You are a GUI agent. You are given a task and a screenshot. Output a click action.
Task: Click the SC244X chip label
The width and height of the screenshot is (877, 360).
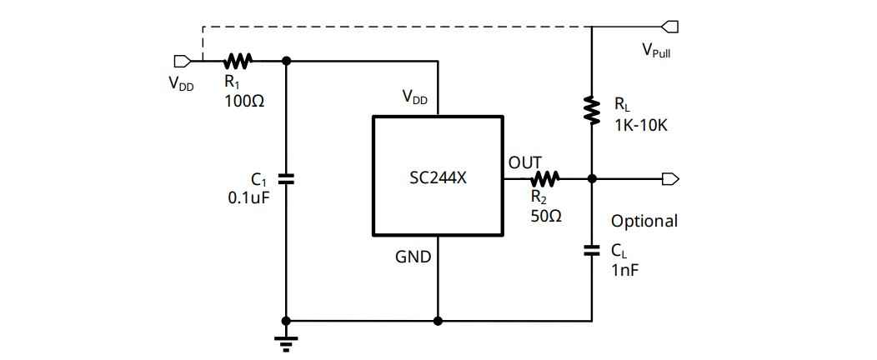pos(438,177)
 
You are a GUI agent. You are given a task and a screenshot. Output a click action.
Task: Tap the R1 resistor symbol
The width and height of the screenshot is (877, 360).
pos(238,61)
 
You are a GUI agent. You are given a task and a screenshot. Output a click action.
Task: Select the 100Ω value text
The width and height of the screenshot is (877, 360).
pos(245,100)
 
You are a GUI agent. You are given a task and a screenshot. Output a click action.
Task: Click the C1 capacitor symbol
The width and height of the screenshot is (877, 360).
pos(286,178)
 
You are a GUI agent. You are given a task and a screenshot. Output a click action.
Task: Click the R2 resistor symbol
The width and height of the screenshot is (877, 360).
pos(546,177)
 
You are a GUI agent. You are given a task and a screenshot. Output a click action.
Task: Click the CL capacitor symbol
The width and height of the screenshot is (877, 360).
pos(591,249)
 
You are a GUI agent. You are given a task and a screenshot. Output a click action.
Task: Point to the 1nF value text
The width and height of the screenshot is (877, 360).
pos(625,270)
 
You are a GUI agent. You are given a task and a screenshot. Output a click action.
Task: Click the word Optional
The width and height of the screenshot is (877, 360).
pos(644,222)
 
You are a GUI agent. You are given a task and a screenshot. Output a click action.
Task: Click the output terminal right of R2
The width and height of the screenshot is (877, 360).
pos(670,178)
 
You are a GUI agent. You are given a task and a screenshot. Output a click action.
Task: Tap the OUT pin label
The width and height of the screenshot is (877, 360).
pos(525,162)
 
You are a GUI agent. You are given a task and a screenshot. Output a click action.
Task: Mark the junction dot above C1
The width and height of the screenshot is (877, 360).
pos(286,61)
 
